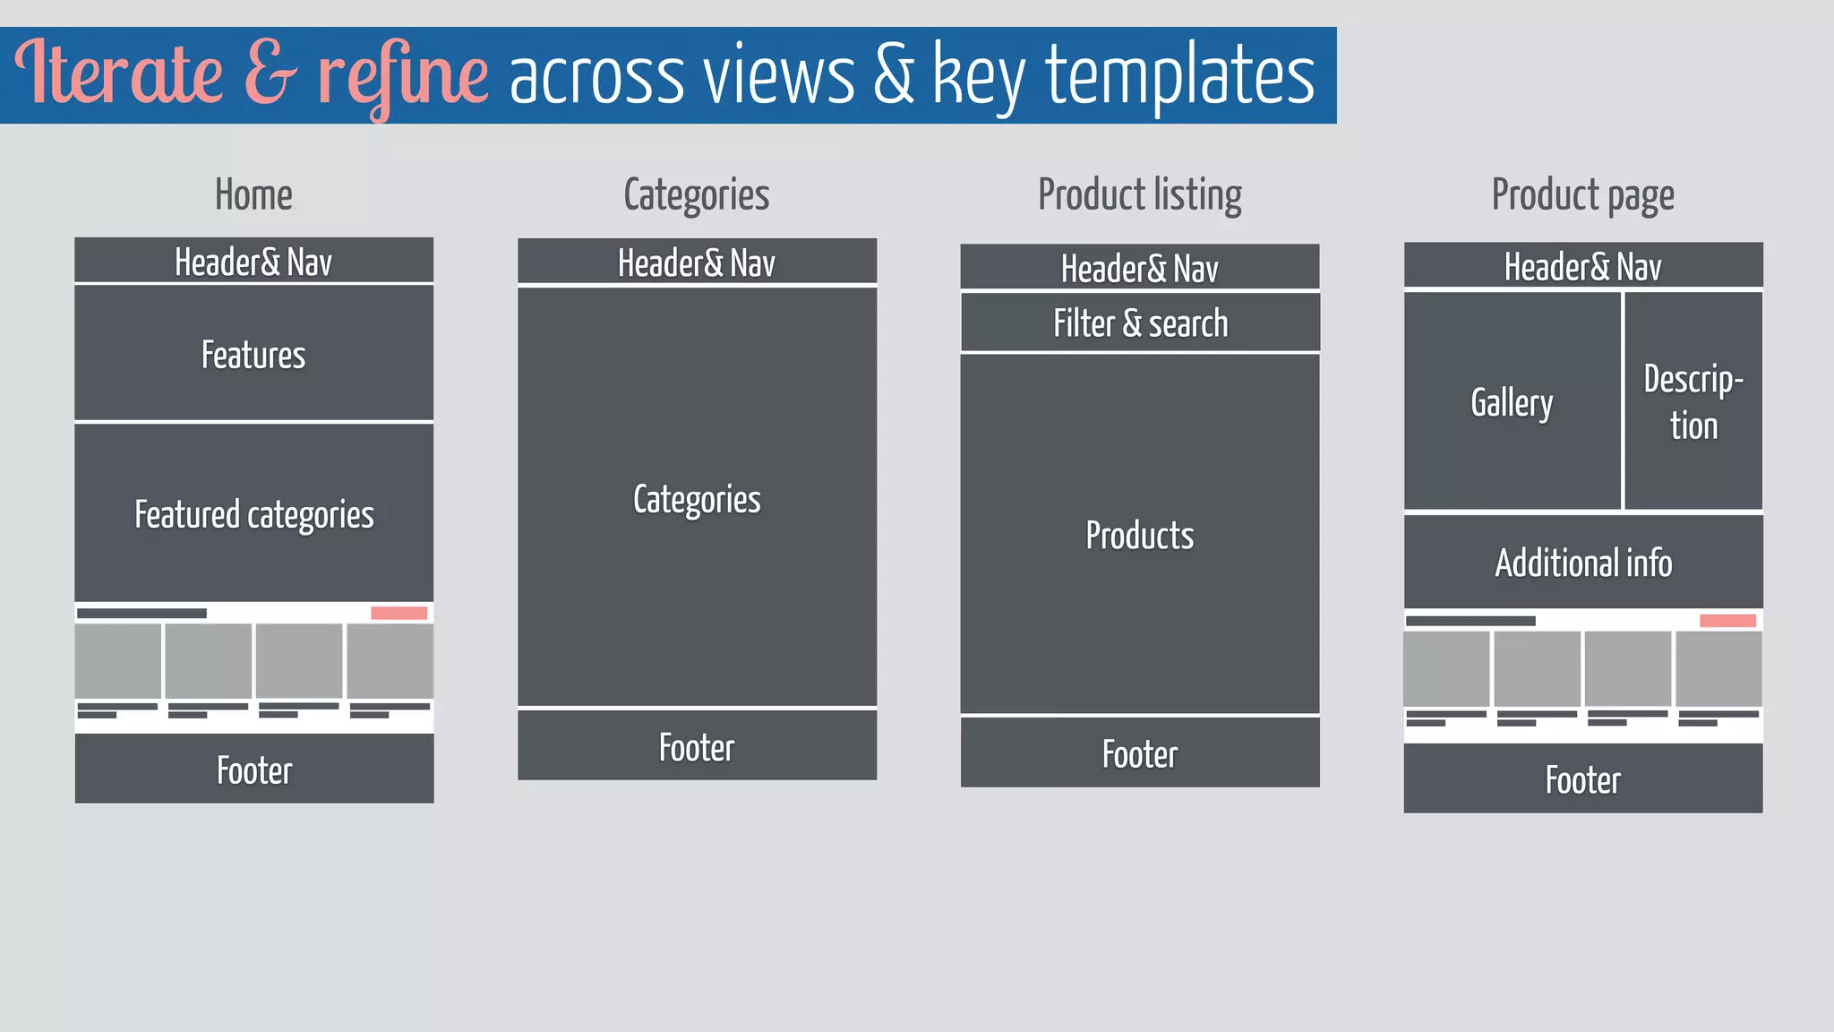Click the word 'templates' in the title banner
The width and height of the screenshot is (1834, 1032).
[1179, 77]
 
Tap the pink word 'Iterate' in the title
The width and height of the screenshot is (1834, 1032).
[118, 73]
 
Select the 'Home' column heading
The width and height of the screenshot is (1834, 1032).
[253, 194]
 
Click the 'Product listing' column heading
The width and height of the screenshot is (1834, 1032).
[1139, 195]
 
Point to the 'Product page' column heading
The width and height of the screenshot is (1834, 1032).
[1582, 195]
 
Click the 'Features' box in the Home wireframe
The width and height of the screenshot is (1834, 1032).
[253, 354]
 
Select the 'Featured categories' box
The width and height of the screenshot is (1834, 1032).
[253, 513]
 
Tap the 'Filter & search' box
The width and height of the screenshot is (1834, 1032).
[1140, 323]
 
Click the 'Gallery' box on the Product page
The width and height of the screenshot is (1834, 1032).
[1512, 402]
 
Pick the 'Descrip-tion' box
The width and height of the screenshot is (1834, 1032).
[1693, 402]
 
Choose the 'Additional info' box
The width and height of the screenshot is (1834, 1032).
[1582, 563]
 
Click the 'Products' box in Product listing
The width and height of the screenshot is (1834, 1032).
[1139, 535]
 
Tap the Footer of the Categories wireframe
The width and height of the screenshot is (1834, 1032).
[697, 746]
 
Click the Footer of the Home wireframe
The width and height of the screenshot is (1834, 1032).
[253, 770]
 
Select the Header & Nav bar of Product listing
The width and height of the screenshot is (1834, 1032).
[1139, 268]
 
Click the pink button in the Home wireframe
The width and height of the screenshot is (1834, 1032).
[399, 613]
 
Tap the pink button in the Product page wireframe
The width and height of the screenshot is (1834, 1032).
[1727, 621]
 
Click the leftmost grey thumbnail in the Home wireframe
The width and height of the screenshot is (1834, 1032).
[117, 661]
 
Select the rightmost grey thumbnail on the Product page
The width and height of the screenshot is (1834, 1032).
[1718, 668]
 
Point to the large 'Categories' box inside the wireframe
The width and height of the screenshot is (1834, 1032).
[697, 498]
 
